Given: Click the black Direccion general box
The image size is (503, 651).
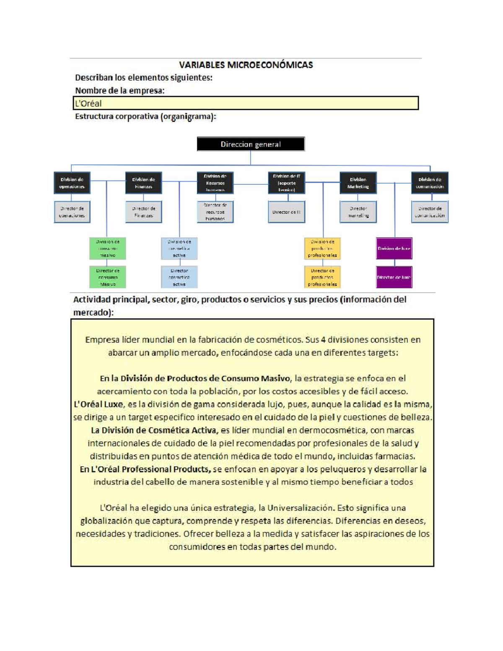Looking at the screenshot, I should (251, 144).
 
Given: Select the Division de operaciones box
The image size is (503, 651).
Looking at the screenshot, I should (72, 183).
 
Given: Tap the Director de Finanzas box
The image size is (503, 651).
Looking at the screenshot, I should (143, 212).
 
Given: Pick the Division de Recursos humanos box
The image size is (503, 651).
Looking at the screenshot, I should (215, 183).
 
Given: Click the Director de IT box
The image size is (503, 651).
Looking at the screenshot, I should (286, 212).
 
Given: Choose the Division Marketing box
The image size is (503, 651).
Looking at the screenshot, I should (358, 183).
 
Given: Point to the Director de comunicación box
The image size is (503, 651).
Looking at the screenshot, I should (430, 212).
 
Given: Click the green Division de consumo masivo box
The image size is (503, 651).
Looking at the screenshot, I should (108, 248).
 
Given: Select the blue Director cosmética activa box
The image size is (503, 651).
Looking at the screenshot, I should (179, 277).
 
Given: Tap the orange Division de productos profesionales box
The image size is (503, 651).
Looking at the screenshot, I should (322, 248).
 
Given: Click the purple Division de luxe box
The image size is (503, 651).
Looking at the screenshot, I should (394, 248).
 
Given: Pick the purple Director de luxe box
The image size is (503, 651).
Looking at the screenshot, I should (394, 277).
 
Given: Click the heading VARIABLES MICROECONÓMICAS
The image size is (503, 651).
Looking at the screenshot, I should (246, 65).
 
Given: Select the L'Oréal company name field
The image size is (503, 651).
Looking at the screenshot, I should (246, 103).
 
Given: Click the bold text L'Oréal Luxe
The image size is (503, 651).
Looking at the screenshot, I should (98, 405).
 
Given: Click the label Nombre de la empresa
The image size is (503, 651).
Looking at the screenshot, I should (119, 91).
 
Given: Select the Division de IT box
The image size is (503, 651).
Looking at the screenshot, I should (286, 183).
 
